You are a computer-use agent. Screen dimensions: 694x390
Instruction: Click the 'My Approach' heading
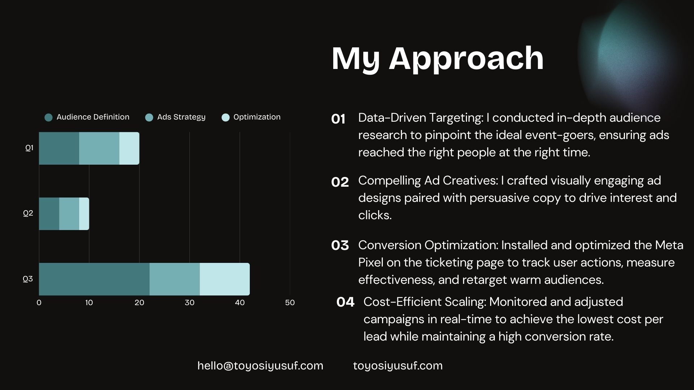[437, 59]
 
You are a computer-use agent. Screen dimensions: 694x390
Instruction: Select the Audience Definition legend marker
[48, 117]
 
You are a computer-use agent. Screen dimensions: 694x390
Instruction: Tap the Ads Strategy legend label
[181, 117]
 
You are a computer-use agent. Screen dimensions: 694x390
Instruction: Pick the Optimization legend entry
[251, 117]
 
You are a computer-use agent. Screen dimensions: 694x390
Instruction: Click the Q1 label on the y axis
[29, 148]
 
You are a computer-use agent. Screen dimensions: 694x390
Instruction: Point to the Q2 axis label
[28, 213]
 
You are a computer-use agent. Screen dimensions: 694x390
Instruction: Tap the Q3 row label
[28, 279]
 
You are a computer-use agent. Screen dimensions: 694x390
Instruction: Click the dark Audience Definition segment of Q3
[94, 279]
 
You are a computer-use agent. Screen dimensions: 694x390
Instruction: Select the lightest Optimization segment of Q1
[129, 148]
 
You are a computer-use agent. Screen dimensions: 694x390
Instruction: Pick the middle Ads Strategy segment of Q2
[69, 214]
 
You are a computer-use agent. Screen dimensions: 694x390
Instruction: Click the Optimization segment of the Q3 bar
[225, 279]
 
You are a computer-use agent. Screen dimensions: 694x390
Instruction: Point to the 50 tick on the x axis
[290, 303]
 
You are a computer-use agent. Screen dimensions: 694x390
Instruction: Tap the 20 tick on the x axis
[139, 303]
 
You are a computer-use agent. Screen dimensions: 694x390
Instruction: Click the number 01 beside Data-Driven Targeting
[338, 119]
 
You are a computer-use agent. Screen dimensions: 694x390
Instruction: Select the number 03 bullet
[340, 246]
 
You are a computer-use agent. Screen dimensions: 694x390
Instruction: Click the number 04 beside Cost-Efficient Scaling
[345, 302]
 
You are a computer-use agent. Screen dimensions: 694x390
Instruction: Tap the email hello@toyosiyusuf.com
[260, 366]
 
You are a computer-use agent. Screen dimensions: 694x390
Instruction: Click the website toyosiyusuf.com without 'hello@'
[398, 366]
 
